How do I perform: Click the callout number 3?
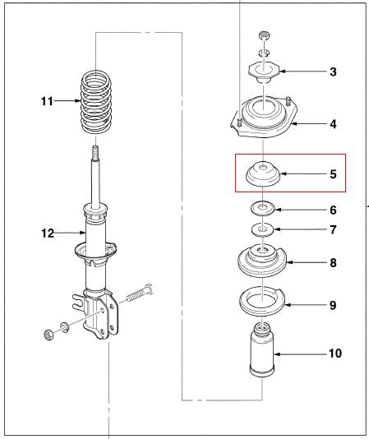333,72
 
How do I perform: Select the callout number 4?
333,124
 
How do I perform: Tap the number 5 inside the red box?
333,174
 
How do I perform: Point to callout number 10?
335,354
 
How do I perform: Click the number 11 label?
47,101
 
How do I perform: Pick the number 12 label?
48,233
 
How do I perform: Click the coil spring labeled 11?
96,102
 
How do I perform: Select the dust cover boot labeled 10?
262,350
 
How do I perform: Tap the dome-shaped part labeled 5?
263,174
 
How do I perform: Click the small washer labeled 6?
262,209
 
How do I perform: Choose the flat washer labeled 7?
262,229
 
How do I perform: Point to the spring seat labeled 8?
262,261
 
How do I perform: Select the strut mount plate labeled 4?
263,117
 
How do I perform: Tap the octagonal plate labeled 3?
264,72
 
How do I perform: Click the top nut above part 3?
264,36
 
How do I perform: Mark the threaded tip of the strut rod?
95,152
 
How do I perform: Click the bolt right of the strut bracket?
140,293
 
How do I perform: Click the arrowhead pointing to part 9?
287,305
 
